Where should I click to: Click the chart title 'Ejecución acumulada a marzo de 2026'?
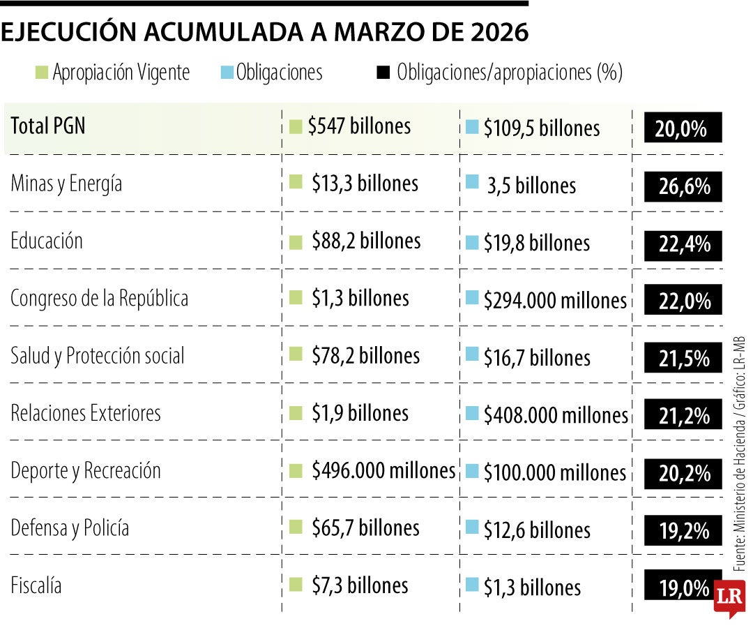(265, 33)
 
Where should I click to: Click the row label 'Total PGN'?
(48, 126)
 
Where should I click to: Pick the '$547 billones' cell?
(359, 126)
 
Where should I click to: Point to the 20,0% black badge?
(682, 129)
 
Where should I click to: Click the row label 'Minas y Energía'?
(66, 184)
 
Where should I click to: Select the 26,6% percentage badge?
(682, 187)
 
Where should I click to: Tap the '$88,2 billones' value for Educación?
(366, 241)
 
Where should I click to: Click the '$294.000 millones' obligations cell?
(555, 301)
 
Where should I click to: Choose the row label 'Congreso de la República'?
(99, 299)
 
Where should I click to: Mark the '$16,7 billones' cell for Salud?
(537, 359)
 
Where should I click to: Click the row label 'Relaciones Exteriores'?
(86, 413)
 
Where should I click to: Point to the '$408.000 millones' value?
(556, 416)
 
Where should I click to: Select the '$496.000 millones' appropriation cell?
(383, 471)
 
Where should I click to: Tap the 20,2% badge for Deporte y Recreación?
(682, 474)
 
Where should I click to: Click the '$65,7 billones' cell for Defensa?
(365, 528)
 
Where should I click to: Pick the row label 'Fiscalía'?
(36, 585)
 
